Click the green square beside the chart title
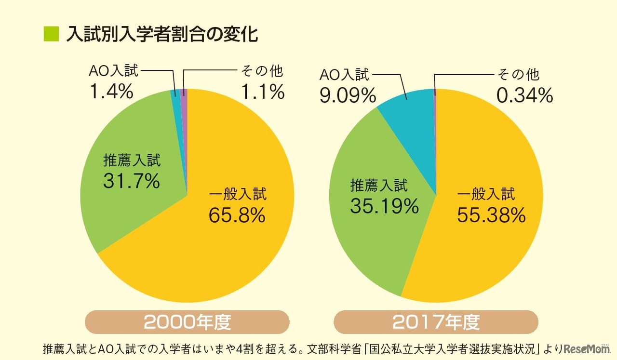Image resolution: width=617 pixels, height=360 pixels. [51, 34]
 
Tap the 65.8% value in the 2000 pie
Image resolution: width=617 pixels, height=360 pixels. [237, 215]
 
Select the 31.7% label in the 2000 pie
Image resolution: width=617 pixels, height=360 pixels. [131, 181]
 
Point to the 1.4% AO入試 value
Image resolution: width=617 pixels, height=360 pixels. [111, 91]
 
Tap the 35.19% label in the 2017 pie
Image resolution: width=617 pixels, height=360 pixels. [384, 207]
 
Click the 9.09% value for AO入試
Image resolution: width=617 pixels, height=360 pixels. [348, 95]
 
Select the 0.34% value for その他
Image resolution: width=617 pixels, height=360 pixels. [524, 95]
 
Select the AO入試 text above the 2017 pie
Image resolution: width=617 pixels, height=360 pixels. [345, 75]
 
